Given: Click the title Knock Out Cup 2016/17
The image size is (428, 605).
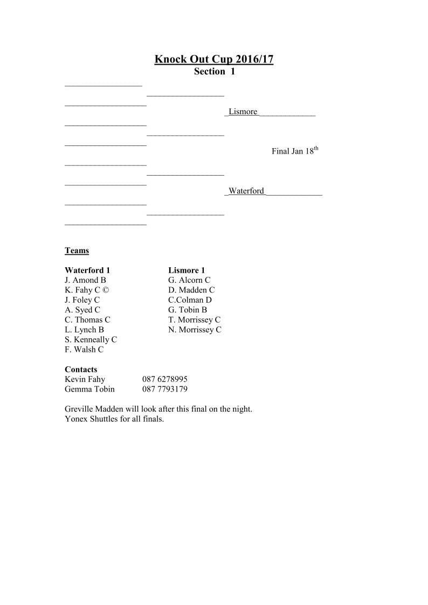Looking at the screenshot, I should (x=214, y=59).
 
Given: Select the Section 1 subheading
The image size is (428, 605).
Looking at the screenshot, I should (x=214, y=72).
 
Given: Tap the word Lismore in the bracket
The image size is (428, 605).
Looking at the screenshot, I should (x=243, y=112).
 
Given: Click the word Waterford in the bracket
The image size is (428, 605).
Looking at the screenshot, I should (x=246, y=191).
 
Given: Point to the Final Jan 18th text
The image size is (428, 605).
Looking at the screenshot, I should (x=295, y=151).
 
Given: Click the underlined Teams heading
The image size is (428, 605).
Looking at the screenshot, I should (x=77, y=251).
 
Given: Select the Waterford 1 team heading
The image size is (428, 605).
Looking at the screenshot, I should (x=87, y=270).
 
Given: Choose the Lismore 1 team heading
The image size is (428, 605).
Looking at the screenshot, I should (x=187, y=270).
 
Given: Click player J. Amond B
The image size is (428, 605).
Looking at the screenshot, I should (x=85, y=280).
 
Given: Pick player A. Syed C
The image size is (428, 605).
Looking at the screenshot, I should (x=82, y=310).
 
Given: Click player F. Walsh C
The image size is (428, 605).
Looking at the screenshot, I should (x=84, y=350).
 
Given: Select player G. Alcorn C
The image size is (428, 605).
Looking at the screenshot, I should (x=189, y=280).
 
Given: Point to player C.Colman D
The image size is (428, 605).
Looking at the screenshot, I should (x=190, y=300).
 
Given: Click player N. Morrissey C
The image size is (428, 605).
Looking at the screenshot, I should (x=195, y=330).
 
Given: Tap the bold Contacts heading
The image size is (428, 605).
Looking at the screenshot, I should (x=81, y=370).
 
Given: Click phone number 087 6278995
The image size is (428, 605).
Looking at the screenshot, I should (x=165, y=379).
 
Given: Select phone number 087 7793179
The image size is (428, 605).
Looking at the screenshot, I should (x=165, y=389).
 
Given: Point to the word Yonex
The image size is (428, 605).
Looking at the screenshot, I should (x=75, y=419).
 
